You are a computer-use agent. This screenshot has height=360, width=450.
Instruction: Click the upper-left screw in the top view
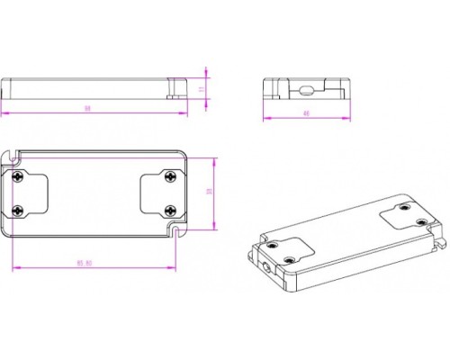tap(19, 176)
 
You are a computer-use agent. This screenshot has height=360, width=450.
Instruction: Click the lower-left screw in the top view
tap(19, 210)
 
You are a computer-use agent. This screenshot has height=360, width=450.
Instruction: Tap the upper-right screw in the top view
tap(170, 177)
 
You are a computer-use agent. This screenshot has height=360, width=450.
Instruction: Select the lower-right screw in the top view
tap(170, 210)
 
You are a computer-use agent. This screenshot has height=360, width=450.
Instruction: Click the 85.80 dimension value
tap(85, 263)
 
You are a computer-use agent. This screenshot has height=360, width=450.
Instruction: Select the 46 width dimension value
tap(307, 113)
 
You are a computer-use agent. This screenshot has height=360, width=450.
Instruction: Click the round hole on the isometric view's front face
tap(265, 266)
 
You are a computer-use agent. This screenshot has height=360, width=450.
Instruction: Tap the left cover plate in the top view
tap(29, 193)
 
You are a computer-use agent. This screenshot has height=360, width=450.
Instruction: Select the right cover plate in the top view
tap(160, 193)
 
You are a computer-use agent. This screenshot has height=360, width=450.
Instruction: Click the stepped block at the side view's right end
tap(173, 87)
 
